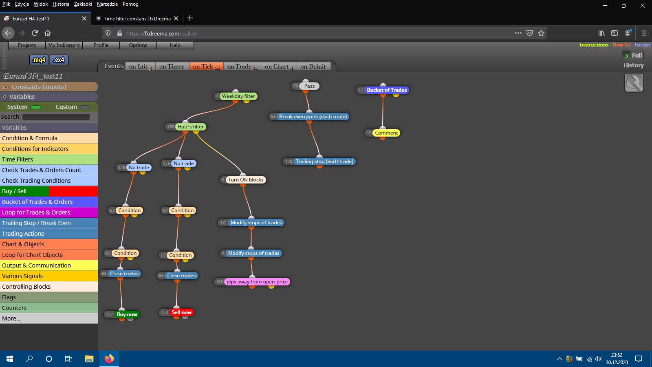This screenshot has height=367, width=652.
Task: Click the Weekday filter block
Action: (x=238, y=96)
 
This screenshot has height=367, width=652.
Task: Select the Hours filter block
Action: (x=191, y=127)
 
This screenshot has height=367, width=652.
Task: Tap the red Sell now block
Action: (x=182, y=312)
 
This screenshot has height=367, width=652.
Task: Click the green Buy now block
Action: (x=127, y=314)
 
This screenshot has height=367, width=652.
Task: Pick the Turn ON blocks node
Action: (x=246, y=180)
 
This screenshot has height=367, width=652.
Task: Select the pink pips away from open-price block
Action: (x=257, y=282)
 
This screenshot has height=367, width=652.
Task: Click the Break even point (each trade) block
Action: (x=313, y=117)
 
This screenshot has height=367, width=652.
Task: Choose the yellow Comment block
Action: (x=386, y=133)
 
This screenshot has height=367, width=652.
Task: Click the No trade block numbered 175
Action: (x=139, y=168)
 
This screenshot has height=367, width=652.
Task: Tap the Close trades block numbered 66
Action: (x=181, y=276)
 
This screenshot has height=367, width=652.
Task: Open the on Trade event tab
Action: (x=242, y=66)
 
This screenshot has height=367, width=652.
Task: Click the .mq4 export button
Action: (x=39, y=60)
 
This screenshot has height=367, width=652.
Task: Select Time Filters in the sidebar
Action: (x=49, y=159)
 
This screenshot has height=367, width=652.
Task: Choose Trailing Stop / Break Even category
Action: (x=49, y=223)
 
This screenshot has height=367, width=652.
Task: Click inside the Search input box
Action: (x=56, y=117)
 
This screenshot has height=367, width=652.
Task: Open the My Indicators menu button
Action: (x=64, y=45)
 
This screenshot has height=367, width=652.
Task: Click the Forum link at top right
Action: (x=642, y=45)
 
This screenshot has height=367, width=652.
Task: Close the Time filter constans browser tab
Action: (x=176, y=18)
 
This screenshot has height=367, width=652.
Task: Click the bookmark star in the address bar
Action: (x=541, y=33)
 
